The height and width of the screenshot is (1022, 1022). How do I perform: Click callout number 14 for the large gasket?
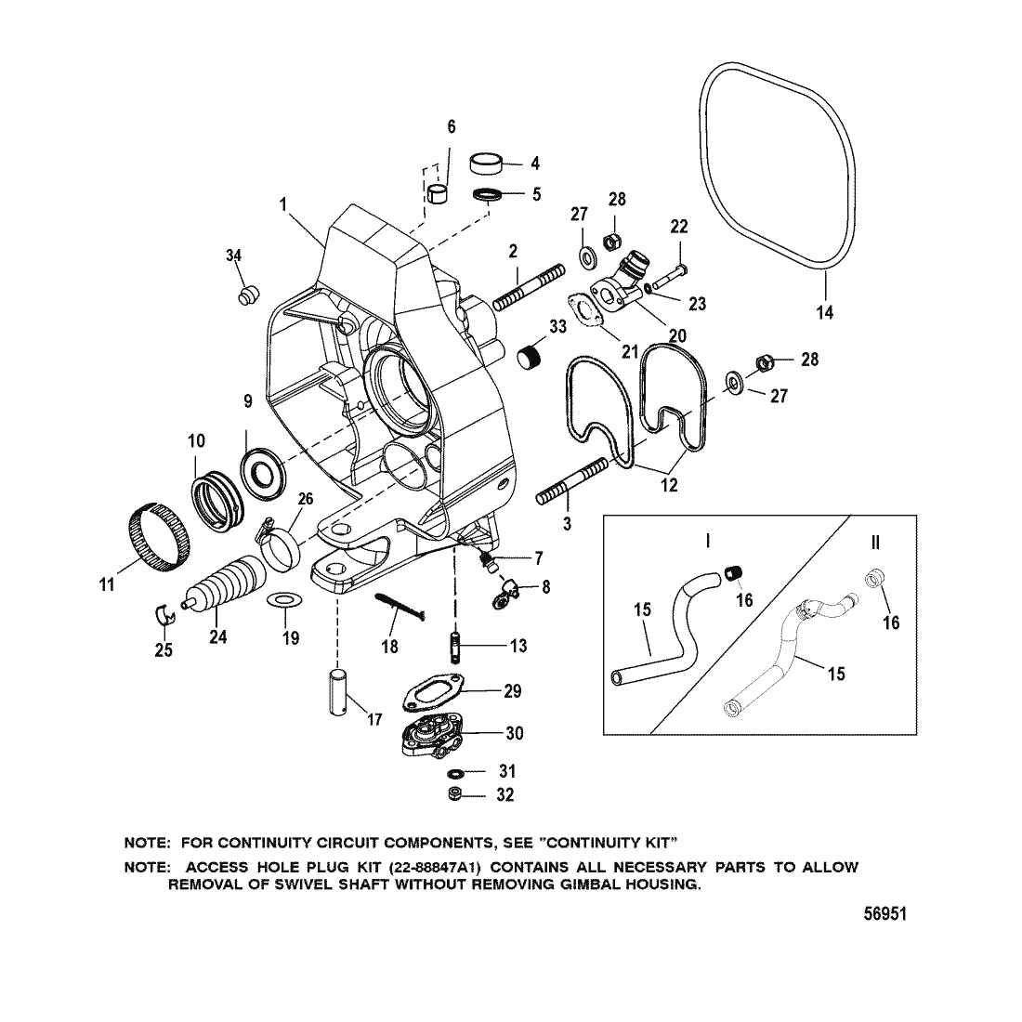(x=824, y=312)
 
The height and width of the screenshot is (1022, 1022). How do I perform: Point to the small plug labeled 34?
(x=246, y=295)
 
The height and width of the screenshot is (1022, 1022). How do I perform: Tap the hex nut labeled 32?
(x=455, y=795)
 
